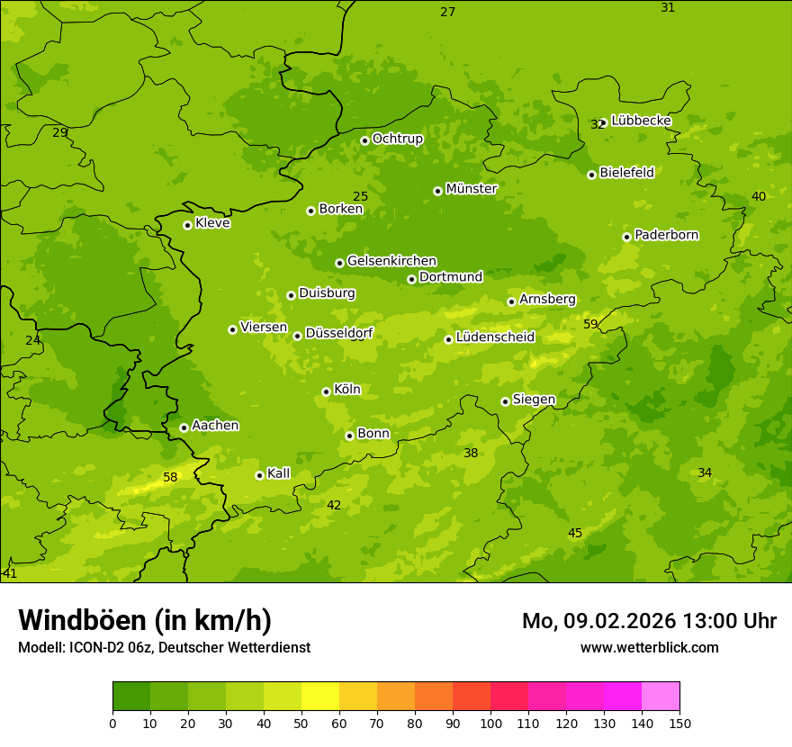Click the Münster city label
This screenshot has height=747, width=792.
(x=471, y=189)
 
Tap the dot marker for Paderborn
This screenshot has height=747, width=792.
(x=627, y=237)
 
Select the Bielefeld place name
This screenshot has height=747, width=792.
(x=626, y=173)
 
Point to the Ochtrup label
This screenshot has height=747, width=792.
(x=397, y=139)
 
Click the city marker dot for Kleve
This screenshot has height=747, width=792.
(x=187, y=225)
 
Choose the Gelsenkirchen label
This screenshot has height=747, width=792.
(x=391, y=261)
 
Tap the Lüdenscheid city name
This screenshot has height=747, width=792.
(x=495, y=337)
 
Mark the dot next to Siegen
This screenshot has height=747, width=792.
(x=506, y=401)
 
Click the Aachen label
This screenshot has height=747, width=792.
(x=215, y=426)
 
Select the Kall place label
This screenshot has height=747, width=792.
(x=278, y=473)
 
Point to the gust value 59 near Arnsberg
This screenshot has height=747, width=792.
(x=590, y=324)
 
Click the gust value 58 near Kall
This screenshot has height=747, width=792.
(x=170, y=477)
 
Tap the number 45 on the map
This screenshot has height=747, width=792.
(x=575, y=534)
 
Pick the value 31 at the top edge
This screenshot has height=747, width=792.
(x=668, y=7)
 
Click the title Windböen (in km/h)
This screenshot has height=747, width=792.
(x=145, y=620)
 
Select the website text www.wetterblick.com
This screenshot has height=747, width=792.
(x=649, y=647)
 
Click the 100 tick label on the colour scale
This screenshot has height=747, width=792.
(x=490, y=723)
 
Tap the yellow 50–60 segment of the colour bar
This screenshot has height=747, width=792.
(x=320, y=696)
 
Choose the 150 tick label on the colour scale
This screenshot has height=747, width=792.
(x=679, y=723)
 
